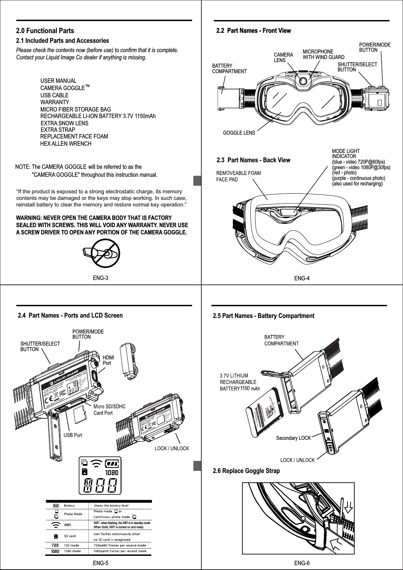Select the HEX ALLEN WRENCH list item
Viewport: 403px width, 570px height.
(x=66, y=144)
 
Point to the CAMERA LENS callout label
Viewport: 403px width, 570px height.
(x=283, y=57)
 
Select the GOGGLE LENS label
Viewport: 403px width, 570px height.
(x=239, y=133)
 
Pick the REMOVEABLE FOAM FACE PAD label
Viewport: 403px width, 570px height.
(x=238, y=176)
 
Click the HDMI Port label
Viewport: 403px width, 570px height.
(x=108, y=360)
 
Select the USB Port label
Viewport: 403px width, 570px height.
(x=73, y=435)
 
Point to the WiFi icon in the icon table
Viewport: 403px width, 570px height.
(x=56, y=525)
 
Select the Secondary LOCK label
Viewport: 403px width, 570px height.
(x=294, y=438)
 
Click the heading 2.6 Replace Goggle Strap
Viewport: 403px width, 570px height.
(x=246, y=471)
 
